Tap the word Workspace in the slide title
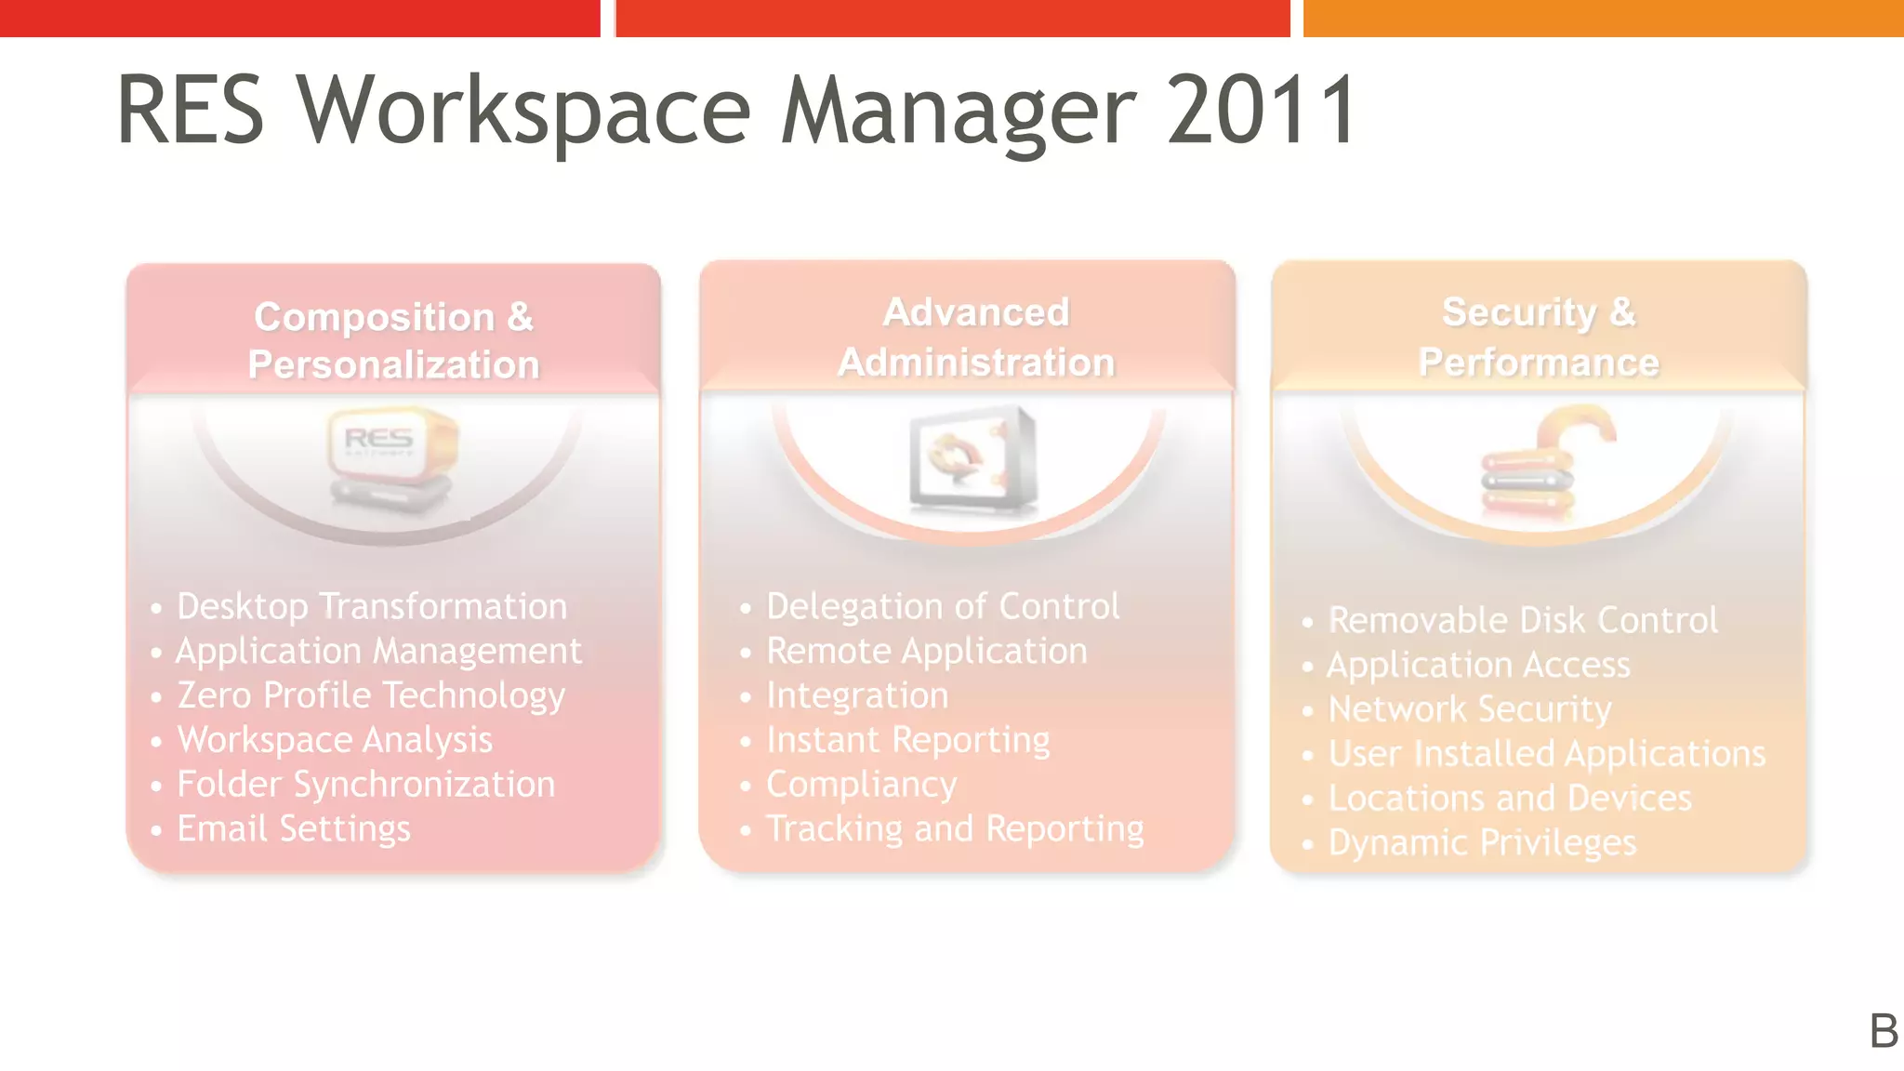[x=522, y=112]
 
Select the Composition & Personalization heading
[x=393, y=340]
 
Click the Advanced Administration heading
[x=975, y=337]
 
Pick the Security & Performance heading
[x=1539, y=337]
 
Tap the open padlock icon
[x=1543, y=459]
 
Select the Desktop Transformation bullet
[x=372, y=606]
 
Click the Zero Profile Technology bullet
[x=371, y=695]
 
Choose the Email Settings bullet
[x=294, y=828]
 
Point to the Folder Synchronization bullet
[x=366, y=785]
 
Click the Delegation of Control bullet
[x=943, y=606]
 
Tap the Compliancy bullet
[x=862, y=785]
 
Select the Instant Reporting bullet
[x=908, y=740]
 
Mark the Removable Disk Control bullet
[x=1523, y=620]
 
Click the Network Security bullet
[x=1470, y=709]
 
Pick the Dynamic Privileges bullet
[x=1482, y=842]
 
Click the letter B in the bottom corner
[x=1884, y=1031]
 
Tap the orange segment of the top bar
[x=1603, y=18]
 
